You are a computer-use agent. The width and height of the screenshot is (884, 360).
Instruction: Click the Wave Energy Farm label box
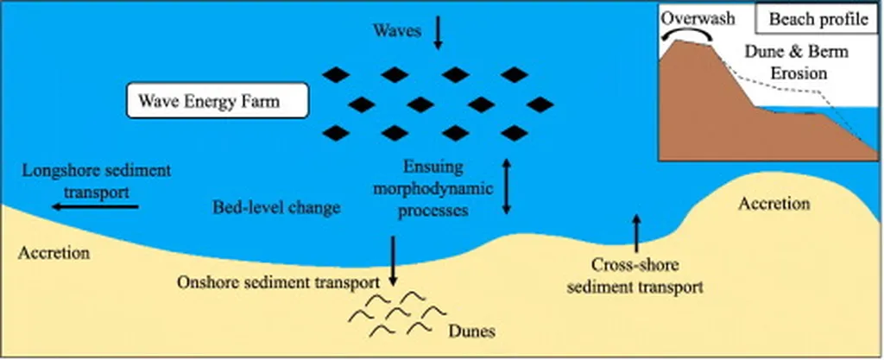(x=216, y=100)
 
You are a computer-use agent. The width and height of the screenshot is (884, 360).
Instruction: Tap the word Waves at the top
(x=396, y=31)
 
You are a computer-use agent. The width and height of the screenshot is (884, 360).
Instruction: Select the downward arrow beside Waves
(x=438, y=31)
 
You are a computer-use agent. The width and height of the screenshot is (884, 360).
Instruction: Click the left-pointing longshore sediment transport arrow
(x=94, y=206)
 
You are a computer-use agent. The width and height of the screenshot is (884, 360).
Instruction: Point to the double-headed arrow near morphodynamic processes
(x=507, y=185)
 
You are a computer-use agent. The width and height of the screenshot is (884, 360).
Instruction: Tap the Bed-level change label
(x=276, y=208)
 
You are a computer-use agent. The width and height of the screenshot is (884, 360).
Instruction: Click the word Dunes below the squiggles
(x=472, y=330)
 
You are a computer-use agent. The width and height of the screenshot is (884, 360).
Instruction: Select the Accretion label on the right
(x=774, y=205)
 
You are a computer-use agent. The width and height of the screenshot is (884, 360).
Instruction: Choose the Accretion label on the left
(x=54, y=254)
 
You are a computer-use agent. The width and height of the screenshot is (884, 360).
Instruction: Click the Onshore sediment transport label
(x=278, y=282)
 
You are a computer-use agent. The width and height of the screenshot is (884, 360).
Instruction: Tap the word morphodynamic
(x=439, y=187)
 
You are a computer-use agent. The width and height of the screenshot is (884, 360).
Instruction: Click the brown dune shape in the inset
(x=717, y=104)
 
